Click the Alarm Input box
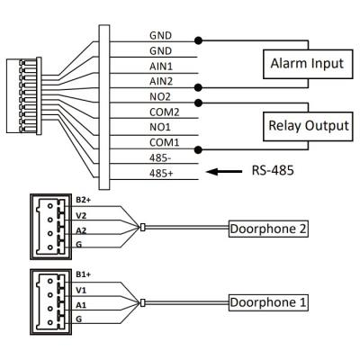pos(308,64)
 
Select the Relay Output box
pos(308,126)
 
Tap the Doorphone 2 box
pos(268,229)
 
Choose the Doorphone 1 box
pos(268,302)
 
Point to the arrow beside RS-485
pos(224,172)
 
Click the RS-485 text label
pos(273,171)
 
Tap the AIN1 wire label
pos(161,67)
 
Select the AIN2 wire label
pos(161,81)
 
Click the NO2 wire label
pos(160,97)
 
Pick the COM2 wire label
pos(165,112)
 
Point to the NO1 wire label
pos(160,127)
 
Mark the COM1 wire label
pos(165,142)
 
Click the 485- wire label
pos(160,158)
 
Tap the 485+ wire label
pos(161,174)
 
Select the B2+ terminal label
pos(83,200)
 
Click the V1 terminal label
pos(81,291)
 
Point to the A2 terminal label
pos(81,230)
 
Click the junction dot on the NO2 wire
pos(198,103)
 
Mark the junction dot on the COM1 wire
pos(198,149)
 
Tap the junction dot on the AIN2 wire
pos(198,87)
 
